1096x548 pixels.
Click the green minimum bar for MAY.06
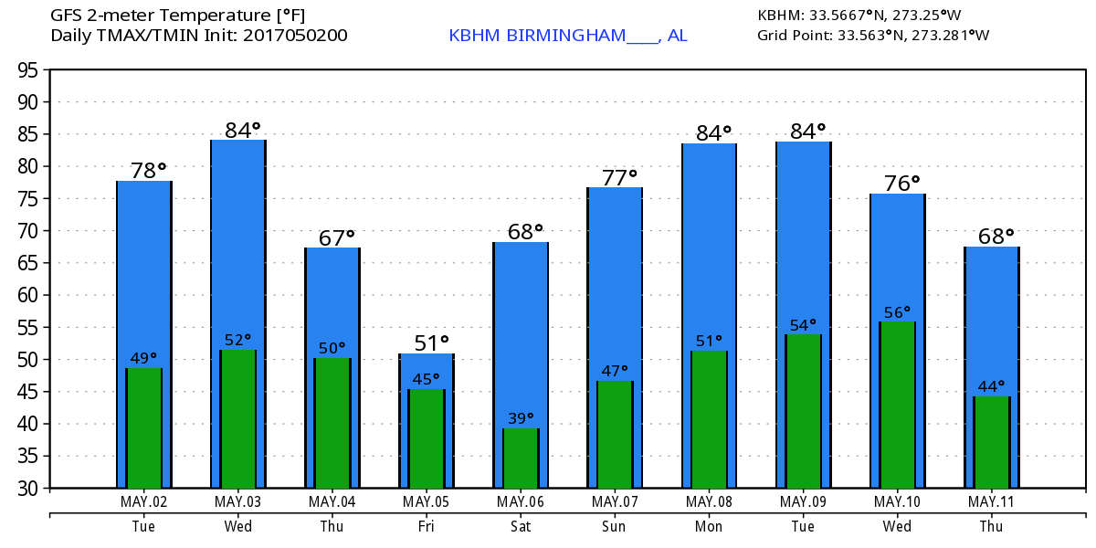point(521,458)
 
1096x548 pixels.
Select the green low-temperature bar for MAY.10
point(897,405)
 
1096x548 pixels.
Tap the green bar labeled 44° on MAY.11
point(991,442)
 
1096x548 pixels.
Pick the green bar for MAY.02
point(143,428)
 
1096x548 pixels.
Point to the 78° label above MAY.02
point(148,171)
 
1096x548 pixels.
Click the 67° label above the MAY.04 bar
point(337,237)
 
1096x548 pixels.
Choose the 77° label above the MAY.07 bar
point(619,177)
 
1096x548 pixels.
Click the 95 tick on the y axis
point(30,70)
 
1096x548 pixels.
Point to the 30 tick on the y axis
point(30,489)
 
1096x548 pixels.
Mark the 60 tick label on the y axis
point(30,295)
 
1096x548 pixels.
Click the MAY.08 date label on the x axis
point(709,501)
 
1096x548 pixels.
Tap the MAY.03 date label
point(237,501)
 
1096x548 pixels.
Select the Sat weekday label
point(520,526)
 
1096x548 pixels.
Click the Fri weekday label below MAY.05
point(426,526)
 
